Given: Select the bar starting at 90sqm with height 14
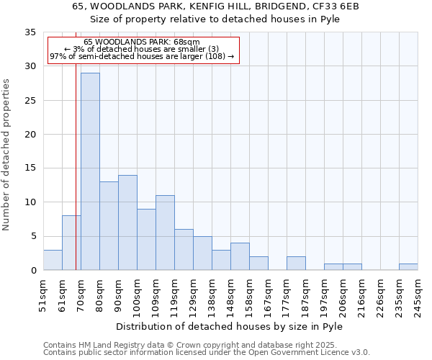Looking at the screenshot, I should coord(127,222).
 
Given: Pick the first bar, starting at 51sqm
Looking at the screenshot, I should coord(53,260).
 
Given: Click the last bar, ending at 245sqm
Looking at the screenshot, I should coord(408,266).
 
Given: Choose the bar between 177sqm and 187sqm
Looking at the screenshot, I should coord(296,264).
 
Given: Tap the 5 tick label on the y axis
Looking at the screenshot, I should coord(33,237).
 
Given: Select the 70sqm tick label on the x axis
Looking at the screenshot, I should coord(81,296).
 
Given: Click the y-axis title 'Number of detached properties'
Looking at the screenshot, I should coord(7,155).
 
